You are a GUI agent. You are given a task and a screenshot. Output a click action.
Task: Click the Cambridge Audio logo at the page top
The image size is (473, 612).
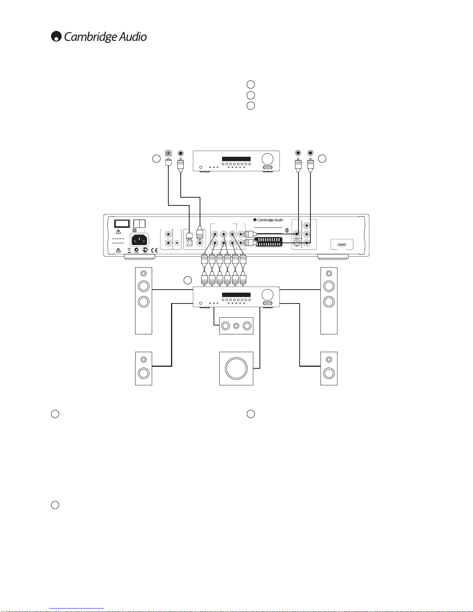click(99, 37)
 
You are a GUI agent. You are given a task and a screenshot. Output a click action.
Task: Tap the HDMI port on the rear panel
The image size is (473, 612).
click(342, 244)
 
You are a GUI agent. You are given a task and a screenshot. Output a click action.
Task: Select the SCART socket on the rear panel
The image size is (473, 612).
click(269, 242)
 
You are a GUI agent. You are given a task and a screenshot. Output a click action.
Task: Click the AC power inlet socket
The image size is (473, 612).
click(139, 240)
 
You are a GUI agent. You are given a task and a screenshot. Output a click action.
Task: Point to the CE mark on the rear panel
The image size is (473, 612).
click(154, 250)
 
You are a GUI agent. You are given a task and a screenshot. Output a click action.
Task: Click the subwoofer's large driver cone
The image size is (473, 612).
click(236, 368)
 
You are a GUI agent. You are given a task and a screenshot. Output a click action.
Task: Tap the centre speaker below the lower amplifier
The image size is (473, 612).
click(236, 326)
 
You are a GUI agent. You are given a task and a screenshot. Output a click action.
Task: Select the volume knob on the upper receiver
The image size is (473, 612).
click(268, 159)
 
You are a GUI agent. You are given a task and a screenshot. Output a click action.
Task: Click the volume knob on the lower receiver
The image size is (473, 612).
click(268, 295)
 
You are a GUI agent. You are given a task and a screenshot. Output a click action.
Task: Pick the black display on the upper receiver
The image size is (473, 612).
click(236, 159)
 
